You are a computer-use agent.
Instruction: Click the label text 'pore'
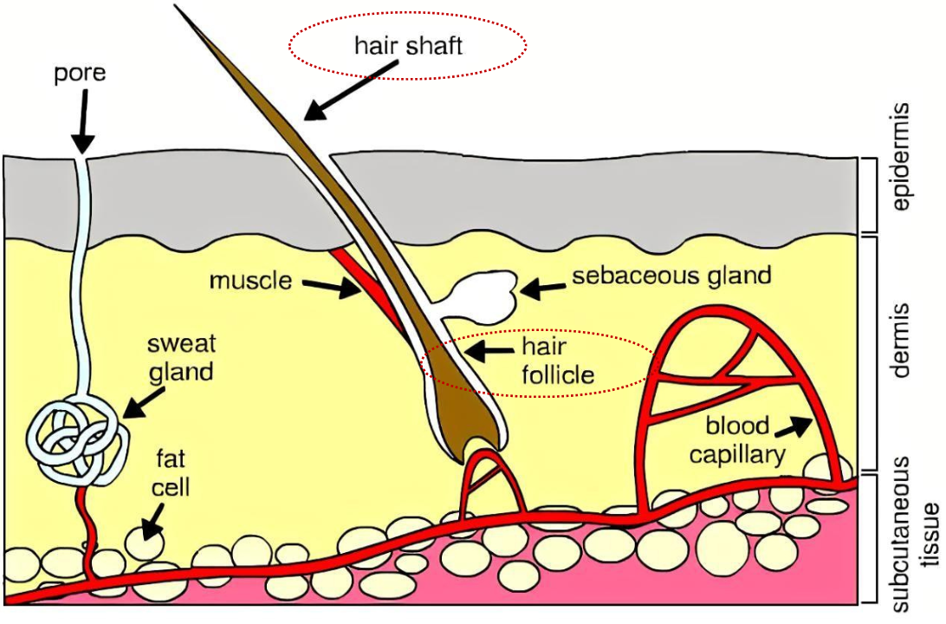pyautogui.click(x=80, y=73)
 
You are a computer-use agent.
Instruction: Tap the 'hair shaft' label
pyautogui.click(x=408, y=45)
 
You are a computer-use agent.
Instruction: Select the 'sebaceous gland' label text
pyautogui.click(x=671, y=276)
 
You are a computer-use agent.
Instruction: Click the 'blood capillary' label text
pyautogui.click(x=737, y=439)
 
